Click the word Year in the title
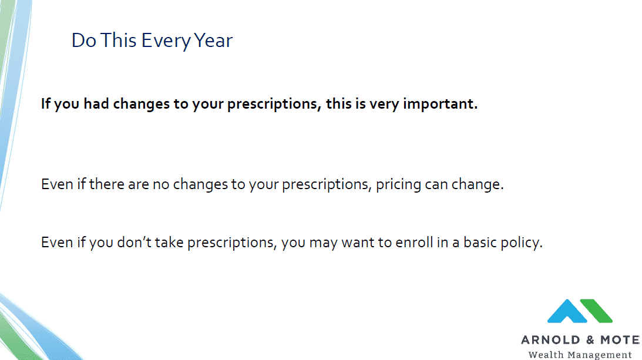213,40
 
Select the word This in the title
118,40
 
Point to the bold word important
440,104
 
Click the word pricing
398,185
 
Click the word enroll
414,242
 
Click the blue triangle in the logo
567,312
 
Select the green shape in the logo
596,311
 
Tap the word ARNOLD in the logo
550,340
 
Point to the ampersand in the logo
590,340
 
